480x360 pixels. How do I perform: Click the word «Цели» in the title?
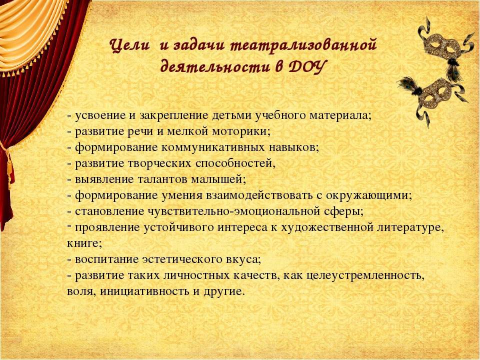point(130,46)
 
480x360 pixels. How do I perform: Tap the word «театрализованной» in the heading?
point(303,46)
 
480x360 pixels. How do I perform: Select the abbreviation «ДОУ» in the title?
point(305,66)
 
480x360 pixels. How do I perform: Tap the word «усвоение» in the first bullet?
point(100,115)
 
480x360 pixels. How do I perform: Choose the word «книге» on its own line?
point(82,243)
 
